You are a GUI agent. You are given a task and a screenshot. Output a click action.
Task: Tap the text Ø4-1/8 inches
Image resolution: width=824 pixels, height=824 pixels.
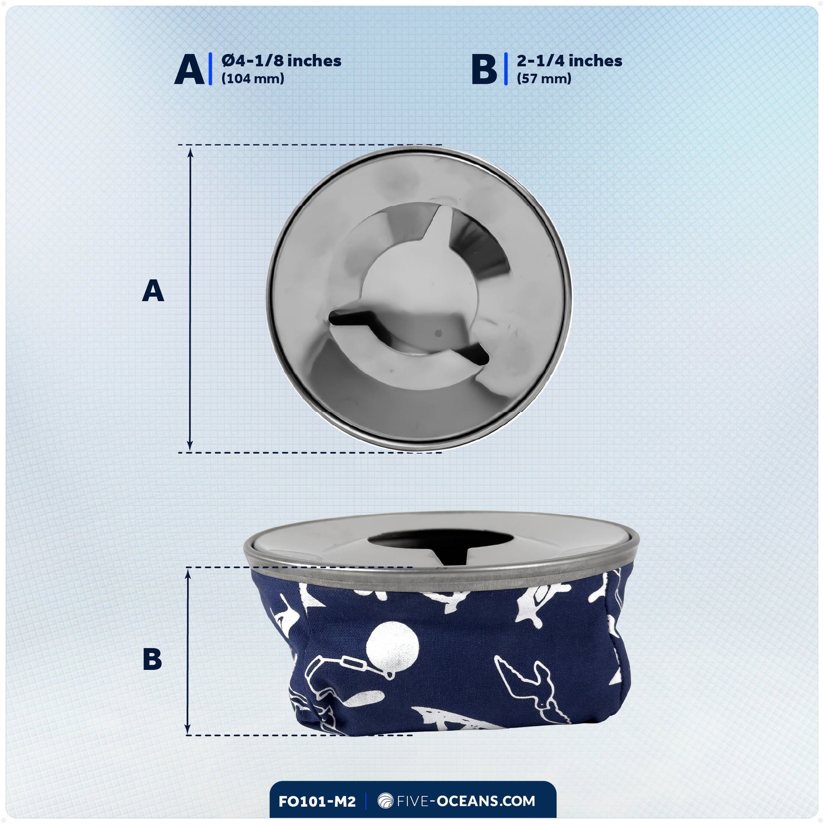click(282, 61)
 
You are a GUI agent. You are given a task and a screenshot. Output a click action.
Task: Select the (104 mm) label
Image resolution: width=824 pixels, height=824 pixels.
click(252, 78)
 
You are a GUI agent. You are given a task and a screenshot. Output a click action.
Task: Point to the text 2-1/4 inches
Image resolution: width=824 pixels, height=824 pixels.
click(570, 61)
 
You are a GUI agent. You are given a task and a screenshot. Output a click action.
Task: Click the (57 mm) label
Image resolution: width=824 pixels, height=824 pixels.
click(544, 78)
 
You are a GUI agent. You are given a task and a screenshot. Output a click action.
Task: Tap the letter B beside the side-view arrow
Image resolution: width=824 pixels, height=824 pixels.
click(152, 659)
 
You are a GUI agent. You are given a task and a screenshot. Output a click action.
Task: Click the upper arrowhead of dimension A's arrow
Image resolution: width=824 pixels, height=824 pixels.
click(190, 152)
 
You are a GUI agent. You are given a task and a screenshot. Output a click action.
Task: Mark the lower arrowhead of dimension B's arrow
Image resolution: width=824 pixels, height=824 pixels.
click(187, 729)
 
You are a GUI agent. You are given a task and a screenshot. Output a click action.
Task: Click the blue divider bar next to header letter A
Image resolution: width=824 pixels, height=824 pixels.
click(210, 69)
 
